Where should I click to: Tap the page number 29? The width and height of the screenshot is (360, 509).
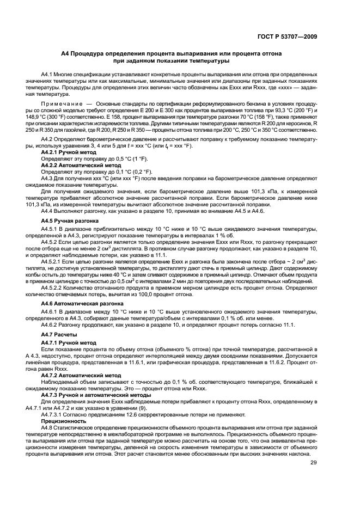[314, 463]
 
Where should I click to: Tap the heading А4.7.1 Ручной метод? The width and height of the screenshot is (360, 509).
[69, 342]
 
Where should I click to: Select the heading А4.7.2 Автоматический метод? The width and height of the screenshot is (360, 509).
[80, 375]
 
